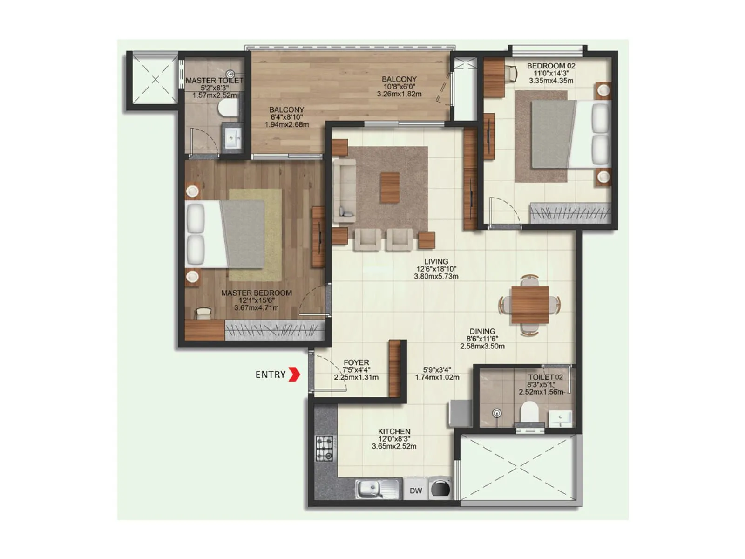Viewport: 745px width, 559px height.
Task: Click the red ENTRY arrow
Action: pos(294,374)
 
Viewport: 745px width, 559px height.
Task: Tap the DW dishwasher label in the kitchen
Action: pos(416,491)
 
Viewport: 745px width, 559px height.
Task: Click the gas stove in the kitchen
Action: pos(325,449)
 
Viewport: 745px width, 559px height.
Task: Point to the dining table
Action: pos(529,305)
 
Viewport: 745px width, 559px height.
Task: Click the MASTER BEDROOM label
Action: pos(257,293)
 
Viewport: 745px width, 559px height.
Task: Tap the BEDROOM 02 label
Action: pos(551,66)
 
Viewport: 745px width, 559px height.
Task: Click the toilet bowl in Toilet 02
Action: pos(529,411)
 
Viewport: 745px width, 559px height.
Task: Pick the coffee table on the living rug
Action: pos(390,187)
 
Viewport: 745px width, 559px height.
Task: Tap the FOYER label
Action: pos(356,362)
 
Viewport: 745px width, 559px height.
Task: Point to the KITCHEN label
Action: pos(394,431)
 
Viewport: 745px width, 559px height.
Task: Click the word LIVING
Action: pos(436,262)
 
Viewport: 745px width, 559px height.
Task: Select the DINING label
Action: pos(482,332)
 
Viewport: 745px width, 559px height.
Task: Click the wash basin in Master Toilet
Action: pos(232,137)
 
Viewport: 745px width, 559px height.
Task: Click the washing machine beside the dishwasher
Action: pos(440,489)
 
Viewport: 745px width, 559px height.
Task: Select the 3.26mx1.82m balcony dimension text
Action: pos(399,94)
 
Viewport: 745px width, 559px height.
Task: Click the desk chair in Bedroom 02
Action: pos(512,72)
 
